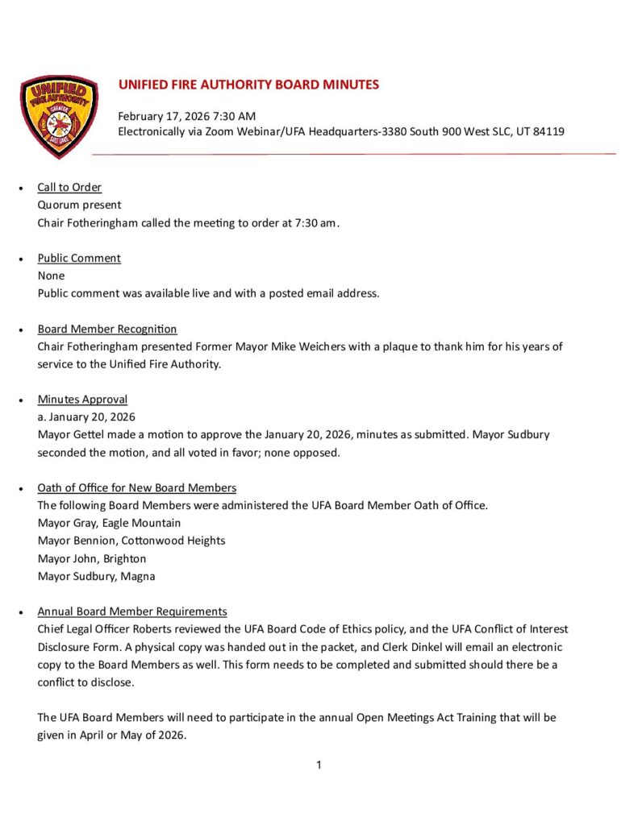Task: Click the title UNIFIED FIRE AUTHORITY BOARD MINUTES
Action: tap(248, 85)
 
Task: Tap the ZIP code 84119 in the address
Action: tap(548, 131)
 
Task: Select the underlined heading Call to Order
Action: tap(69, 187)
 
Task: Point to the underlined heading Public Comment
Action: tap(79, 258)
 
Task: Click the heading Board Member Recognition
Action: tap(107, 329)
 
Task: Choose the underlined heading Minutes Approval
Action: tap(82, 399)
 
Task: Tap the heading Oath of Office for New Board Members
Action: tap(136, 487)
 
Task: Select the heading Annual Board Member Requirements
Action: tap(132, 611)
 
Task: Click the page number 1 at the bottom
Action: tap(319, 765)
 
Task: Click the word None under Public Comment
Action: tap(51, 276)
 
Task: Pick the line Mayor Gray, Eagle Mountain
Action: tap(109, 523)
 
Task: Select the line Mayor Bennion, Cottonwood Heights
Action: tap(131, 541)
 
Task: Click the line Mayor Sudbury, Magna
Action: tap(96, 576)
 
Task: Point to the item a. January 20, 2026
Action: tap(86, 417)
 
